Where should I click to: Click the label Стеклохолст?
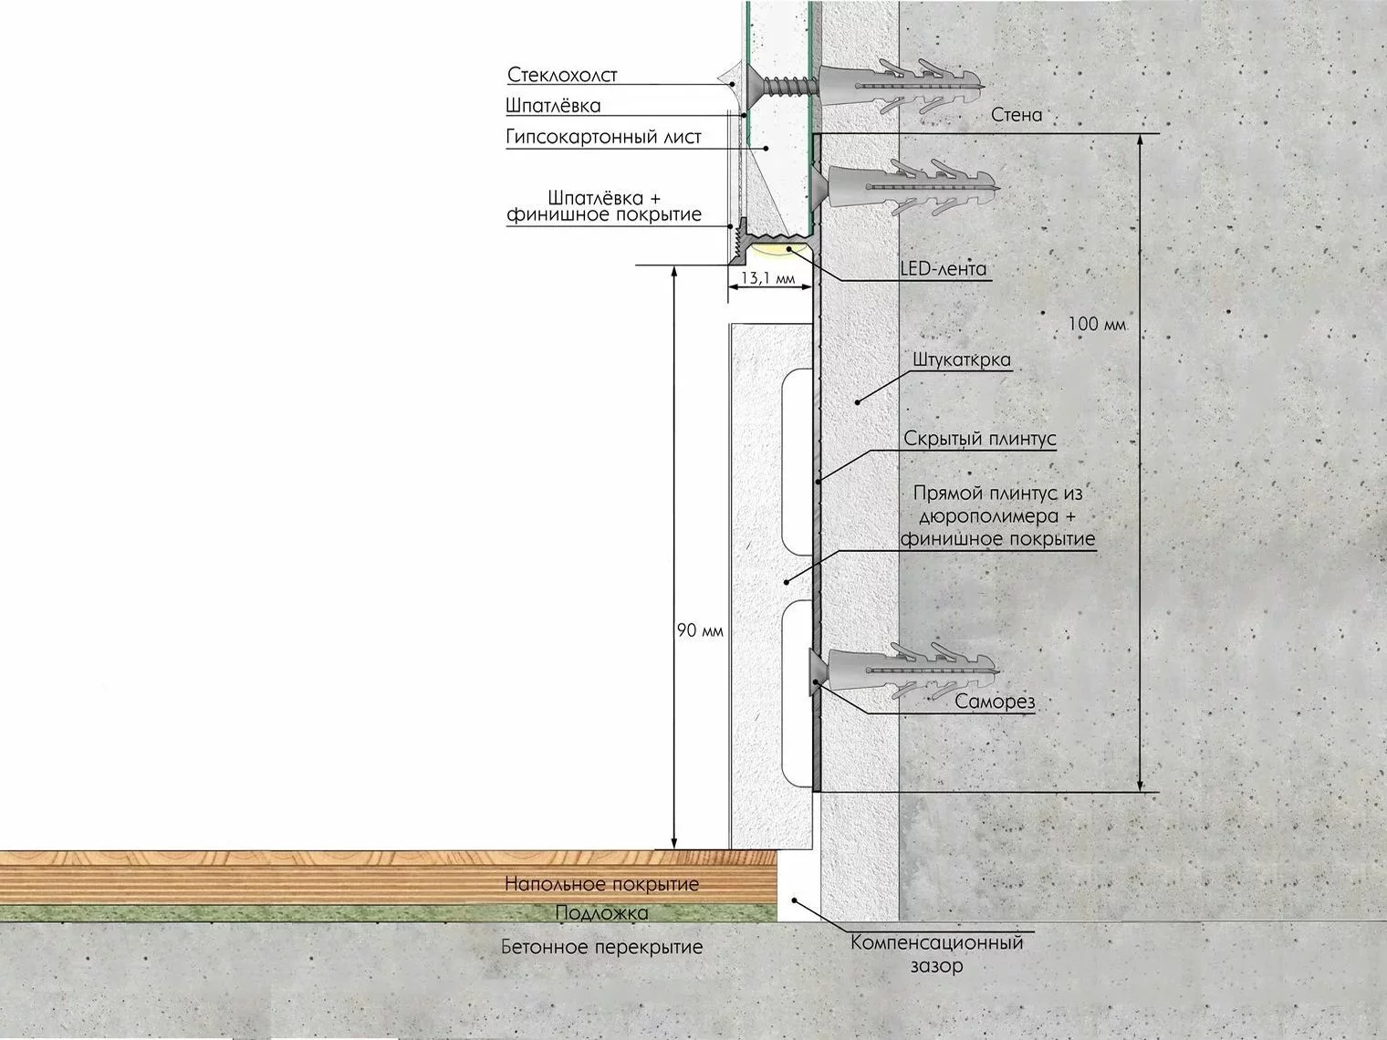point(562,75)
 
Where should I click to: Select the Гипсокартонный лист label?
point(603,137)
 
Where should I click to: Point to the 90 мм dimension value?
point(700,630)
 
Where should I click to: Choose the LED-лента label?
point(944,269)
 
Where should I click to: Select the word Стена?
point(1017,115)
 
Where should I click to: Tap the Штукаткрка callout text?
point(962,360)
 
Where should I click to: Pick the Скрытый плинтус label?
point(979,438)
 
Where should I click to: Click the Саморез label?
point(995,702)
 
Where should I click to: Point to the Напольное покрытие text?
point(601,884)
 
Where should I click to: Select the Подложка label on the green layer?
point(601,913)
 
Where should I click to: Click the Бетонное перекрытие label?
point(601,947)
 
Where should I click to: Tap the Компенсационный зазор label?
point(936,954)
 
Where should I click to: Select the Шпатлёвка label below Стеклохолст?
point(553,106)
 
